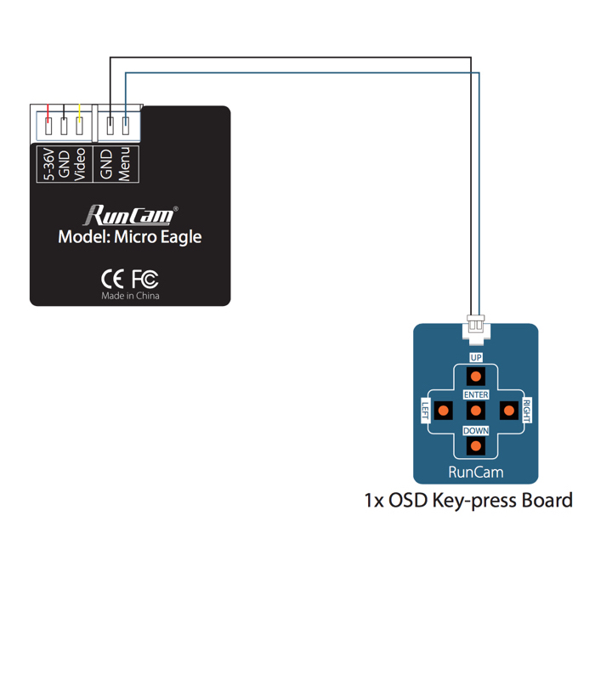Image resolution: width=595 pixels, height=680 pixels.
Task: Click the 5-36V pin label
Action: tap(49, 165)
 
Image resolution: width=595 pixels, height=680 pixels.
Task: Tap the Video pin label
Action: tap(80, 165)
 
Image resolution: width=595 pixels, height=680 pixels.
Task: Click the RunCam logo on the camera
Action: tap(130, 214)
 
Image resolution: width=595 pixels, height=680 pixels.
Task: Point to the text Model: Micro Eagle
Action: tap(130, 237)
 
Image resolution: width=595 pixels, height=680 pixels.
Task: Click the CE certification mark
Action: tap(112, 278)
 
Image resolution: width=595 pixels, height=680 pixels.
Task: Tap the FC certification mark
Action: tap(144, 278)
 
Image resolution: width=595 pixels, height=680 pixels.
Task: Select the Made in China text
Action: tap(130, 296)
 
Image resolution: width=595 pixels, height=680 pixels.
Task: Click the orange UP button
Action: tap(476, 377)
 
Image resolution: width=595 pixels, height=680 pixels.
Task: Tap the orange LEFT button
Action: tap(443, 411)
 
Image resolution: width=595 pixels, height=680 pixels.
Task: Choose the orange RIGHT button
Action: tap(508, 411)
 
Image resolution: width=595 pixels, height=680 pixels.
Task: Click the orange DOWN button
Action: tap(476, 445)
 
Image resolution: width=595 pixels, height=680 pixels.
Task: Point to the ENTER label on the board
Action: tap(476, 395)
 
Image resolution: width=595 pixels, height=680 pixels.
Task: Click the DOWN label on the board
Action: tap(476, 431)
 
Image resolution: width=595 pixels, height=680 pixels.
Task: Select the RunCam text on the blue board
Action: tap(476, 472)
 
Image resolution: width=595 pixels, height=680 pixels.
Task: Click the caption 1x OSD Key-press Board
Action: tap(468, 501)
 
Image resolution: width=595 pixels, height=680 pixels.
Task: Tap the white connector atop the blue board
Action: tap(476, 326)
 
